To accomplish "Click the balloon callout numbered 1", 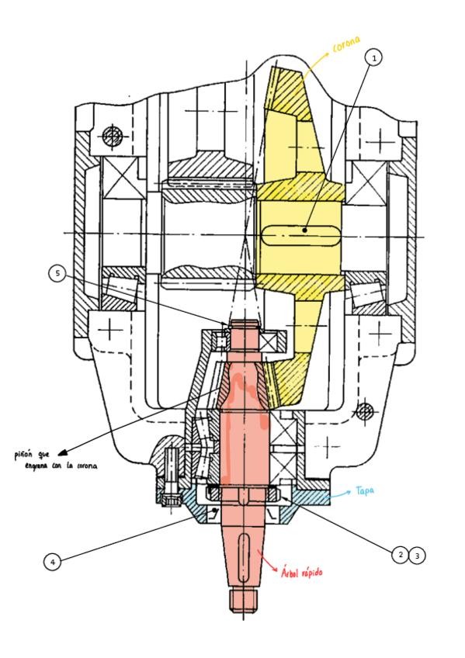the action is tap(374, 57).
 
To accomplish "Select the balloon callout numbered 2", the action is tap(401, 554).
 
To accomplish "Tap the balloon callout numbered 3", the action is tap(417, 556).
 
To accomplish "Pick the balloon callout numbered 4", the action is tap(53, 561).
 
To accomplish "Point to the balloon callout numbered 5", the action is tap(57, 274).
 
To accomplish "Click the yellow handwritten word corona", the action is tap(346, 43).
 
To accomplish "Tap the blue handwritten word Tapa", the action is tap(365, 490).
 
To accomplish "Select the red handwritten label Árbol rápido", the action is tap(302, 572).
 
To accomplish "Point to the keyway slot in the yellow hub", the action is tap(300, 235).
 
